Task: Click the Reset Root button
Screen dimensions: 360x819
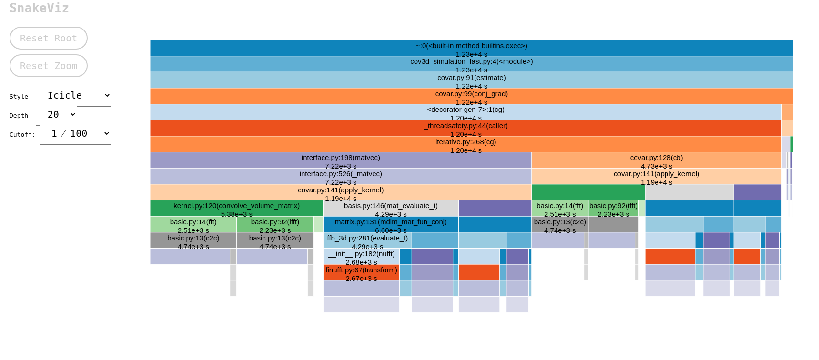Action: [49, 38]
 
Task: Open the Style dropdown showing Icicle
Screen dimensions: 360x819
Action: [73, 95]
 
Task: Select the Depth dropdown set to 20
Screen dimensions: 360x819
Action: [56, 114]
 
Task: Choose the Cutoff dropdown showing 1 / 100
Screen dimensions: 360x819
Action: [75, 133]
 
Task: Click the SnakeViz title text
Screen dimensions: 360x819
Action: [39, 8]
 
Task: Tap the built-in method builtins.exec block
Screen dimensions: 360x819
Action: [471, 48]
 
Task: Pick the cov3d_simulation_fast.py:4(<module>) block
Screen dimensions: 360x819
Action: [471, 64]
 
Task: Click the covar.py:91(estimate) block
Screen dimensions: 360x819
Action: [471, 80]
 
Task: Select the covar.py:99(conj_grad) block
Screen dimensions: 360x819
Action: [471, 96]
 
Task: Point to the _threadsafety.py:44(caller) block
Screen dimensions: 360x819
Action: [465, 128]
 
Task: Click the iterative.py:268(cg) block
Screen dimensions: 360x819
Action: [465, 144]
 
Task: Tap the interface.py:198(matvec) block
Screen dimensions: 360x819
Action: [341, 160]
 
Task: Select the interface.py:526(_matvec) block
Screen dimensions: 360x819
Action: [341, 176]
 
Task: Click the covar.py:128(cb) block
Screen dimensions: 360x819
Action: [656, 160]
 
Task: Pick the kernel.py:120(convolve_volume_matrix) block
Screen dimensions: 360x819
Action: [236, 209]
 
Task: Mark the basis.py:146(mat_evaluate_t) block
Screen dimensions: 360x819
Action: [391, 209]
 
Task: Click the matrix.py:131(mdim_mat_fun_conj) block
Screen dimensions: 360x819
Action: [391, 224]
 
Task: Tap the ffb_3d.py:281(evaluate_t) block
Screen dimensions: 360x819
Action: [367, 240]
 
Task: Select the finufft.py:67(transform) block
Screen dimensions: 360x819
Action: [361, 272]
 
